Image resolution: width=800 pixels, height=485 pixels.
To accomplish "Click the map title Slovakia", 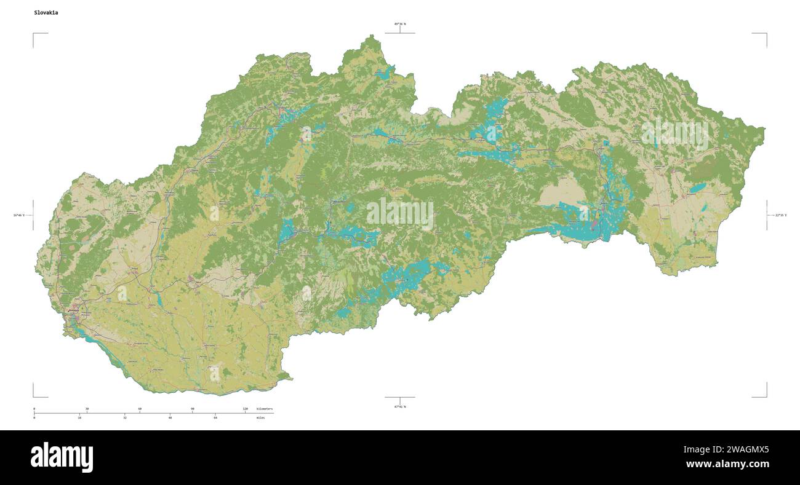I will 46,12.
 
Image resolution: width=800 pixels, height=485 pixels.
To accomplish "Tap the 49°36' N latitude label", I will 400,24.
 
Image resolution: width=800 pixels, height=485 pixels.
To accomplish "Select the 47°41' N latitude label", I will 400,406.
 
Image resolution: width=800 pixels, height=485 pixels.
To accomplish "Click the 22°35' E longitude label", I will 780,215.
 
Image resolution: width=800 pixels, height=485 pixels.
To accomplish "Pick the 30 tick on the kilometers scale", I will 87,409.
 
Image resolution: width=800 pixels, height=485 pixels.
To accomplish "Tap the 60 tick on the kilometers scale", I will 140,409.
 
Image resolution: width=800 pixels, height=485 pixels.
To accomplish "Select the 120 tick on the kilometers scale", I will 245,409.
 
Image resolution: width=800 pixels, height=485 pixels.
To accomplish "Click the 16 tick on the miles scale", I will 79,418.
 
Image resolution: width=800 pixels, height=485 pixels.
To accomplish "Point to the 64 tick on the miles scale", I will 215,418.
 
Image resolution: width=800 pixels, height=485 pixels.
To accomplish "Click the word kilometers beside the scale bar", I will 265,409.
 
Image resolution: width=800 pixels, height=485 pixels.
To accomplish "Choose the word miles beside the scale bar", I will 261,418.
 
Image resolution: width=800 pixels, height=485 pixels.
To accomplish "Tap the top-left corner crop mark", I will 34,34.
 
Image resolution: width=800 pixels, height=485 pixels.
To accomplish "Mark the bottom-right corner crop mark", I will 766,396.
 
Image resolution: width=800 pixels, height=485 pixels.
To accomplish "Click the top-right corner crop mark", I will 766,34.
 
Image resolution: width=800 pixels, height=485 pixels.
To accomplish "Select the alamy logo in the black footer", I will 62,457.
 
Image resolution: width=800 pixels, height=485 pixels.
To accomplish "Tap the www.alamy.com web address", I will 727,464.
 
